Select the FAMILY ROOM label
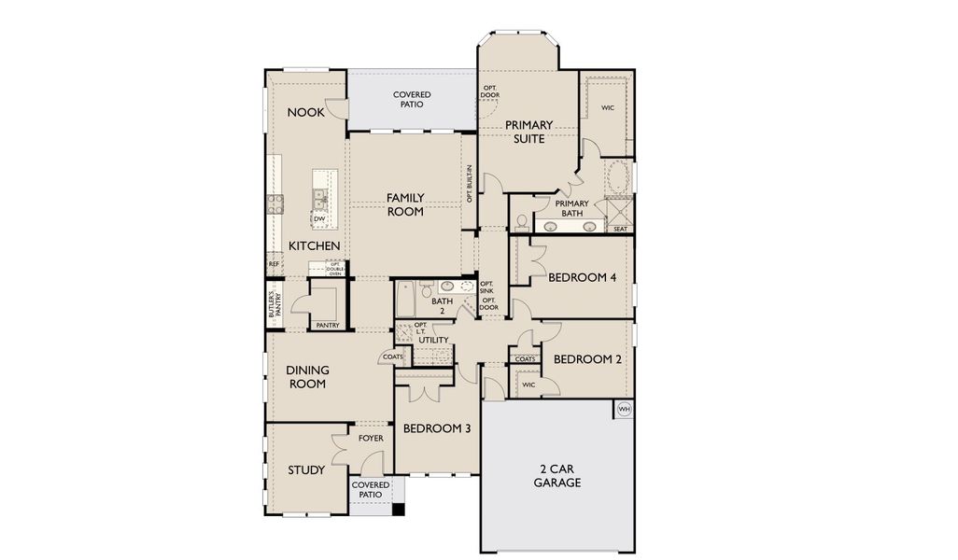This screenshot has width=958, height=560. [405, 204]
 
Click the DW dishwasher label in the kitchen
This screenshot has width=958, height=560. [319, 218]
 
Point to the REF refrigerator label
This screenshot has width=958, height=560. [274, 264]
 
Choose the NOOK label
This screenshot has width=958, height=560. [305, 112]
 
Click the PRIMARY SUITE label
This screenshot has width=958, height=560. [528, 132]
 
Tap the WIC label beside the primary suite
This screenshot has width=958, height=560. [608, 108]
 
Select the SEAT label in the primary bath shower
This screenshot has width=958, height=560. [620, 229]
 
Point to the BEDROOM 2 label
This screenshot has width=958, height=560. [587, 359]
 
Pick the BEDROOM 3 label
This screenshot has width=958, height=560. [436, 428]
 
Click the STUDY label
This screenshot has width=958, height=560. [306, 469]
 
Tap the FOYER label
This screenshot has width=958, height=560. [371, 438]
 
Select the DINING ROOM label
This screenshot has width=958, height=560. [307, 377]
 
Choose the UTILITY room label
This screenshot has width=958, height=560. [434, 340]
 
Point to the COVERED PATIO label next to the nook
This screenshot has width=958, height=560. [411, 99]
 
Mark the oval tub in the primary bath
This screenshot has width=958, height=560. [618, 176]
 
